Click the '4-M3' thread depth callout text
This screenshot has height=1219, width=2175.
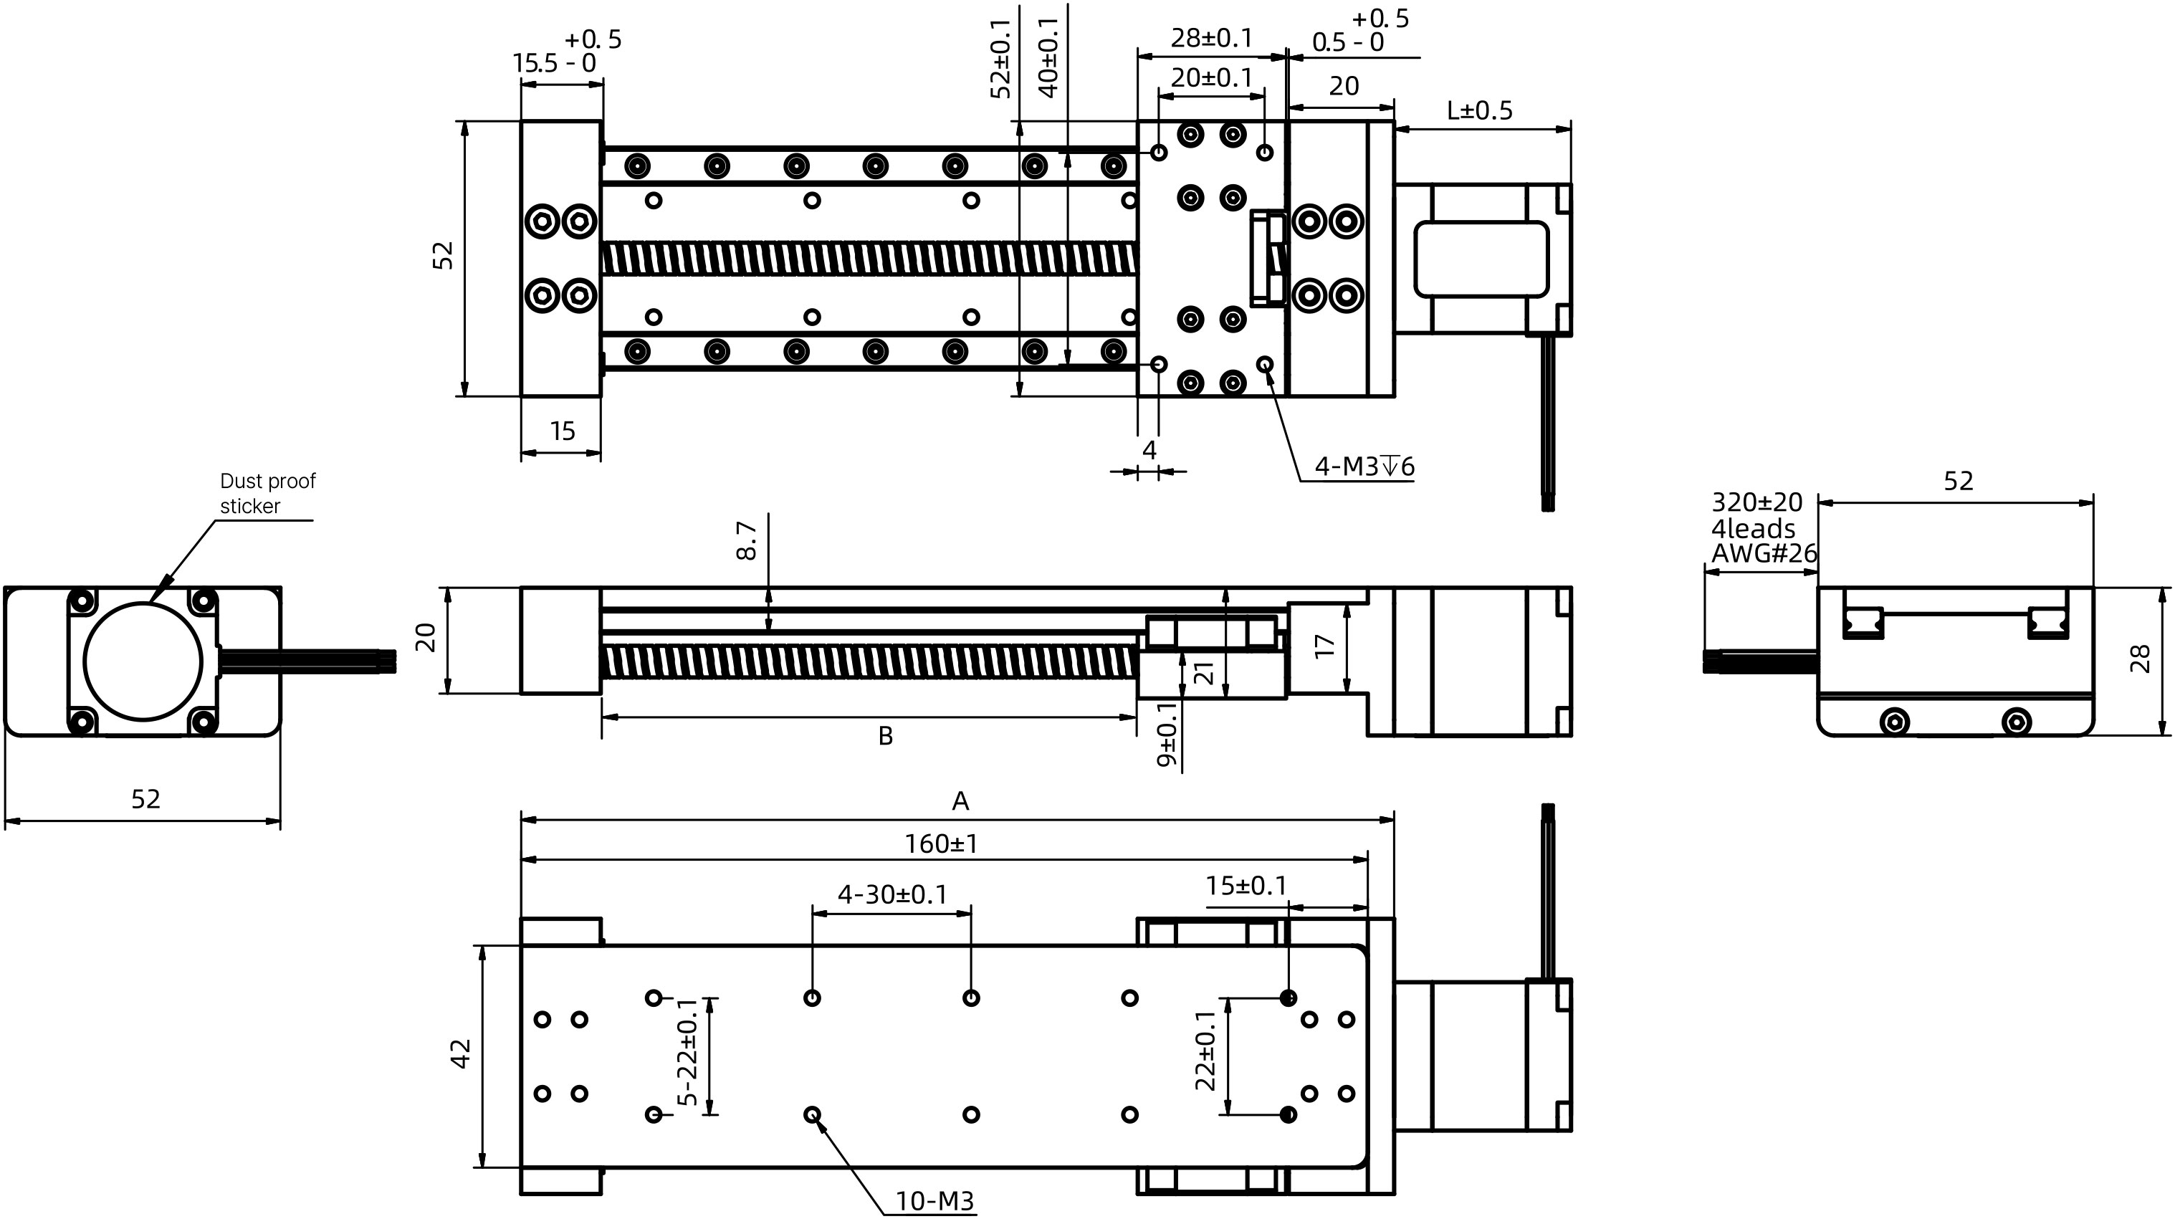coord(1364,466)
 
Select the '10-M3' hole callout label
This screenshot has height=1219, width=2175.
coord(934,1200)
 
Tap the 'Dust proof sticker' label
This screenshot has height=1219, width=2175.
coord(267,493)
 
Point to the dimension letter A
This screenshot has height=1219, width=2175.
coord(960,801)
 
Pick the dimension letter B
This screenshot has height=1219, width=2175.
coord(885,736)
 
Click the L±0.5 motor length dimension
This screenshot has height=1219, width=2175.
coord(1479,110)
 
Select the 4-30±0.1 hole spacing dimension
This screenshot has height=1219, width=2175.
coord(891,894)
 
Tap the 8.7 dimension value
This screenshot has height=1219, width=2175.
coord(747,540)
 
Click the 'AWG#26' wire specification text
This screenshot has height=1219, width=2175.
coord(1764,554)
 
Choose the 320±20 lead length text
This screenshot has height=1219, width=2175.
coord(1756,502)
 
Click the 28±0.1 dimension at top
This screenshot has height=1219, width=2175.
coord(1211,38)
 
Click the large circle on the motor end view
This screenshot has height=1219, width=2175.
coord(143,661)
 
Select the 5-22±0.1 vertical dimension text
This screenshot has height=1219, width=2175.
coord(688,1052)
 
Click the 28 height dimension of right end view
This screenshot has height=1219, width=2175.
coord(2141,659)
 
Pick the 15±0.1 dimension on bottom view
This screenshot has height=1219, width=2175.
coord(1246,886)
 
